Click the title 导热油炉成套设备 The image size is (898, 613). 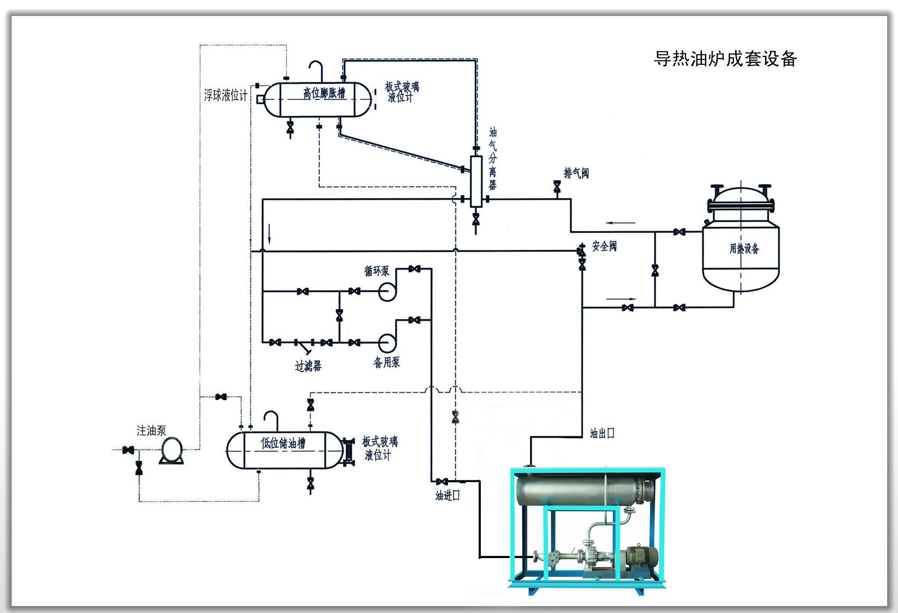tap(725, 59)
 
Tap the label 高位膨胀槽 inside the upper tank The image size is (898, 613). tap(324, 93)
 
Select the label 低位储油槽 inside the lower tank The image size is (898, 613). tap(283, 443)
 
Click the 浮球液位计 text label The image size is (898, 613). tap(225, 95)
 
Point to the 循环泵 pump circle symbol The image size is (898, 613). tap(387, 291)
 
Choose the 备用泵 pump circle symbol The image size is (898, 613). tap(387, 343)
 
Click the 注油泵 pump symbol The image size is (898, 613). tap(172, 450)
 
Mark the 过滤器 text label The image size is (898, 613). tap(308, 366)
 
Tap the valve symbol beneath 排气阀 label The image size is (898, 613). tap(557, 187)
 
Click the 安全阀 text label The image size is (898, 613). tap(604, 246)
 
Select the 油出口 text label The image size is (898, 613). tap(602, 433)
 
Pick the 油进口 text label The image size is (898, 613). tap(447, 495)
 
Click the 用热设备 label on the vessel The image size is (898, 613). tap(744, 249)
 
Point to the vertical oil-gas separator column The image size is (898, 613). tap(476, 182)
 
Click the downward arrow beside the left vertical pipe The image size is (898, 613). tap(270, 233)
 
